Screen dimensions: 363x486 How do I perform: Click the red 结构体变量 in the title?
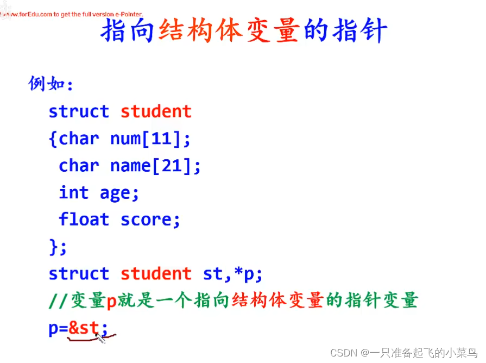(x=229, y=32)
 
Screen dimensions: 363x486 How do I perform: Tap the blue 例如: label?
(x=51, y=84)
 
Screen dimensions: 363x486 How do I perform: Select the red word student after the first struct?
(x=156, y=111)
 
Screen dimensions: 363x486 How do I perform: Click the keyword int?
(x=73, y=192)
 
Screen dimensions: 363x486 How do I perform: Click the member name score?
(x=150, y=220)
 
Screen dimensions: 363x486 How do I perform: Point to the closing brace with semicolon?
(x=58, y=247)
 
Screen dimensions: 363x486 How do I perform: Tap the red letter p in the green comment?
(x=111, y=301)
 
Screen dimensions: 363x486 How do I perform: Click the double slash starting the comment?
(x=58, y=301)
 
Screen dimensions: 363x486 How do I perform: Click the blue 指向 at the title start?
(x=128, y=32)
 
